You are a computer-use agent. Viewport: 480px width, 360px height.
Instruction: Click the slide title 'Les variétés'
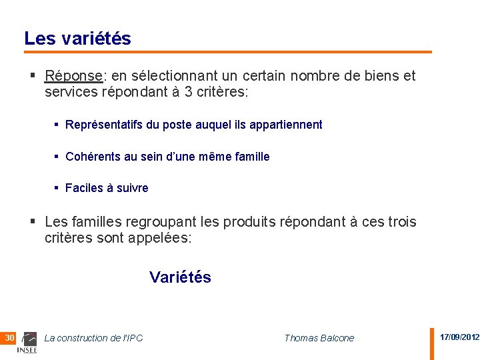77,39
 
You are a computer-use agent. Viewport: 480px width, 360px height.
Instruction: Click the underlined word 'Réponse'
73,76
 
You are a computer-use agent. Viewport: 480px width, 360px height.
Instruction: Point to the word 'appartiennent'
289,125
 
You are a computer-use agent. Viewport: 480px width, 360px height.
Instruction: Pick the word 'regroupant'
154,221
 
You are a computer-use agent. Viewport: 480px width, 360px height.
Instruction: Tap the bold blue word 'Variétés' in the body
180,277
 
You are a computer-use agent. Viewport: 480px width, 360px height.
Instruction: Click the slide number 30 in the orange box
9,338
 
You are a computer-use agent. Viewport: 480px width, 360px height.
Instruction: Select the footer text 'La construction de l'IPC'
93,338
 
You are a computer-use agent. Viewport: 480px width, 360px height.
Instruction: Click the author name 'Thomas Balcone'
319,338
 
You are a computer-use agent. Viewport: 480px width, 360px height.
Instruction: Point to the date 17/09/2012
459,337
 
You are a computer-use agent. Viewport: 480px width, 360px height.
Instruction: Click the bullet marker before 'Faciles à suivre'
57,188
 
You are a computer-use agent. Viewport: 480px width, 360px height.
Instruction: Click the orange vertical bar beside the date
431,343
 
